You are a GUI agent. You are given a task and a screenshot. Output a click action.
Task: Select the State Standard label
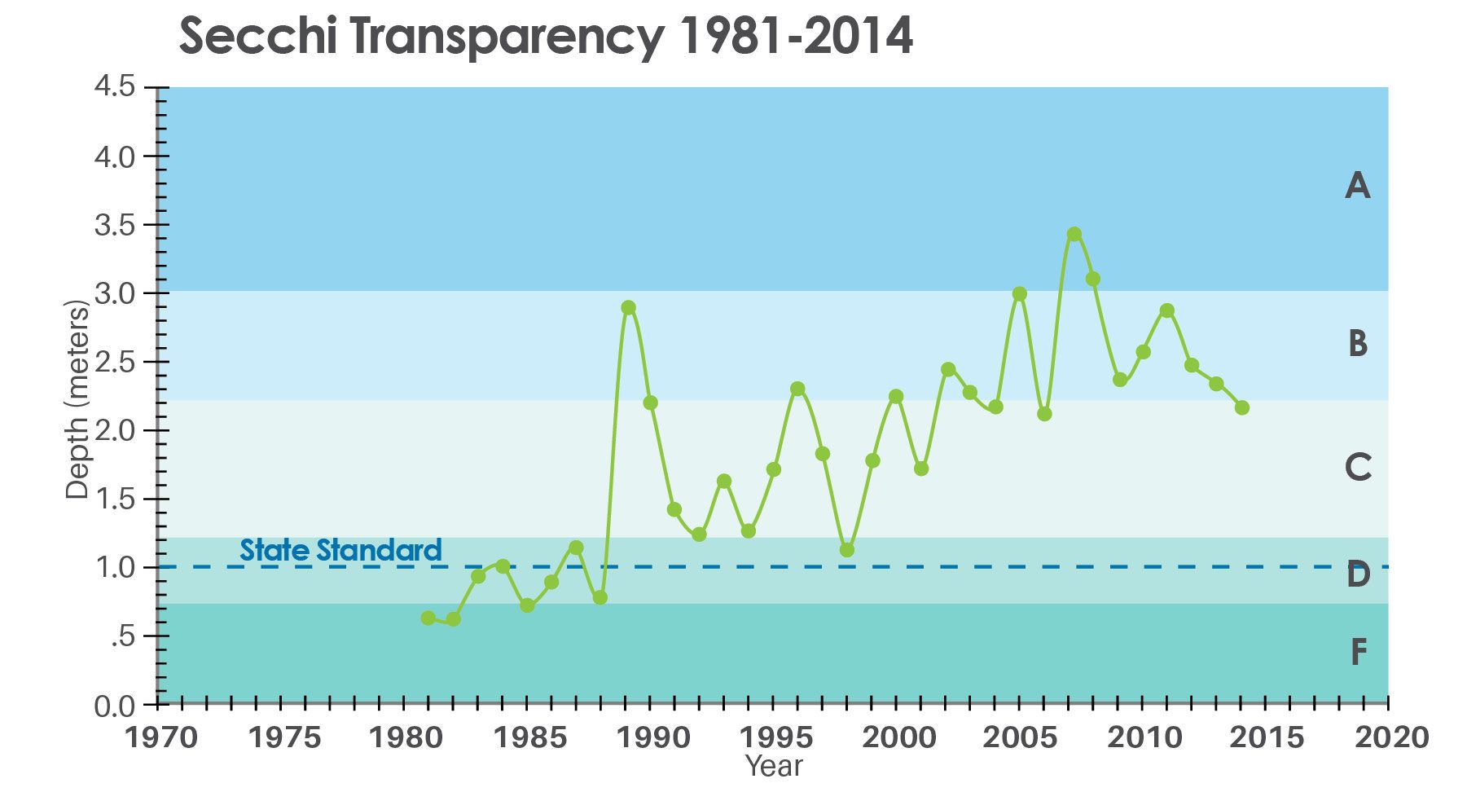(x=340, y=551)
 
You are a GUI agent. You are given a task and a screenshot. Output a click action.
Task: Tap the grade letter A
(x=1357, y=187)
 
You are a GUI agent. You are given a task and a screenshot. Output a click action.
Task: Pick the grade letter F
(x=1358, y=653)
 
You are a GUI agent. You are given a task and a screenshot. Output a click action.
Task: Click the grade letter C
(x=1358, y=468)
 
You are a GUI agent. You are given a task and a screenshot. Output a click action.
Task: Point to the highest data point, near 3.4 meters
(x=1074, y=235)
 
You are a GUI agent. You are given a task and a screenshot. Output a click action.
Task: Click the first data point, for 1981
(x=428, y=618)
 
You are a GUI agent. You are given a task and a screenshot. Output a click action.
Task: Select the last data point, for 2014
(x=1241, y=407)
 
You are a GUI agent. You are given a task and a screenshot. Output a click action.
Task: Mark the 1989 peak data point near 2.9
(x=628, y=307)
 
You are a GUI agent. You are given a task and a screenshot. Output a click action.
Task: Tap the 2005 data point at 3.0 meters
(x=1019, y=294)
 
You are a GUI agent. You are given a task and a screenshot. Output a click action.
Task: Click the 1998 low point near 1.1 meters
(x=847, y=550)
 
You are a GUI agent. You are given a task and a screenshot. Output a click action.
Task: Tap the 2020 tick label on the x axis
(x=1390, y=738)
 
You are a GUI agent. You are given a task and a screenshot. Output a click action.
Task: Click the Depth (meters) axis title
(x=77, y=400)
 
